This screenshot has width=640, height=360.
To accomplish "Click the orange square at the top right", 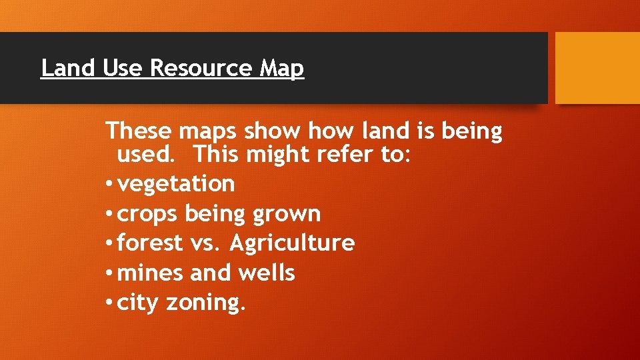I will click(597, 68).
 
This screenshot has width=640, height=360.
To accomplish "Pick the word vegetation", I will click(176, 183).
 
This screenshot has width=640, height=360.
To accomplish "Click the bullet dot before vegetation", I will click(109, 184).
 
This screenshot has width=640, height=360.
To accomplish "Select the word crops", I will click(147, 215).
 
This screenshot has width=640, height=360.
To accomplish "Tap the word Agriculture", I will click(291, 243).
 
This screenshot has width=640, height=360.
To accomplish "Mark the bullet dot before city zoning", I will click(109, 304).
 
